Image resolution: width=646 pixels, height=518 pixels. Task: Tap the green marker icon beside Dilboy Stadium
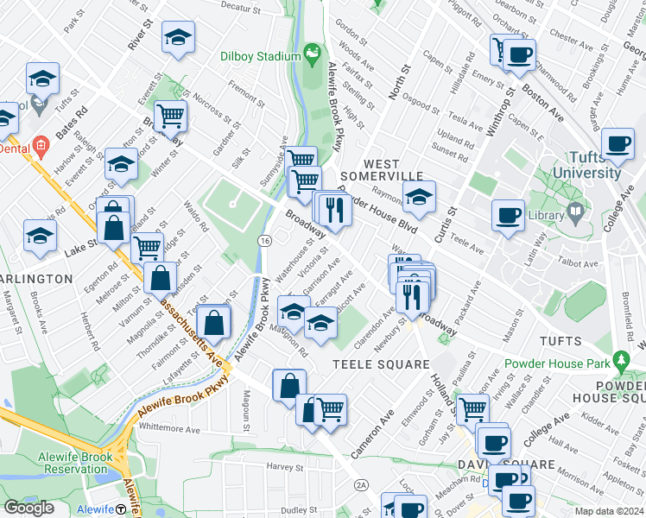coord(311,55)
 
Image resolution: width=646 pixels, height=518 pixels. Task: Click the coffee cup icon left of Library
coord(508,213)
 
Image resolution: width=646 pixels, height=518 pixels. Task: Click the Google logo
coord(29,508)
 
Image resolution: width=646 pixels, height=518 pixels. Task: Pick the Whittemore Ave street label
coord(168,428)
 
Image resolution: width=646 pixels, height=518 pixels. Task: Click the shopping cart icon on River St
coord(171,115)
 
